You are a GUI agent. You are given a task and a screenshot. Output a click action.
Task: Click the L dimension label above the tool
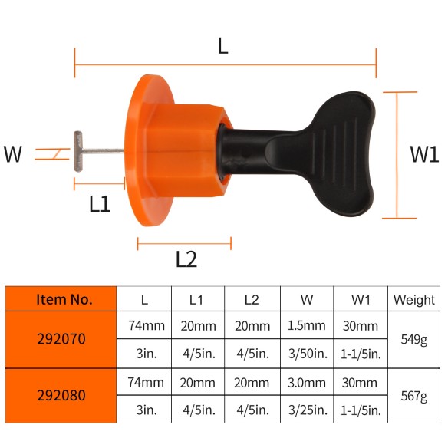pos(222,46)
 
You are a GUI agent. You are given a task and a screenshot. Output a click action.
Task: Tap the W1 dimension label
pos(423,154)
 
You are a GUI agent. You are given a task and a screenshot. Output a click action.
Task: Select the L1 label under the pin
pos(100,204)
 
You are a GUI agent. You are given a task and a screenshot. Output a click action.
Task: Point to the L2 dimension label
pos(186,259)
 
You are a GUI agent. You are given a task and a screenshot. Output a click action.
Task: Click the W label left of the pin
pos(12,154)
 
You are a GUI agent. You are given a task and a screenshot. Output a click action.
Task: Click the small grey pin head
pos(77,151)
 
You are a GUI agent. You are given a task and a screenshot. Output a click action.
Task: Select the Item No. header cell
pos(61,299)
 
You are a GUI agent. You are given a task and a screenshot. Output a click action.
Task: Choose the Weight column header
pos(413,299)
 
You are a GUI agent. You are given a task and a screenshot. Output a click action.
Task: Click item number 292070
pos(61,339)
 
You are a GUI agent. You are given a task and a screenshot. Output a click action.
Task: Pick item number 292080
pos(61,396)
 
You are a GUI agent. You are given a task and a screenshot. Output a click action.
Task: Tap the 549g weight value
pos(413,339)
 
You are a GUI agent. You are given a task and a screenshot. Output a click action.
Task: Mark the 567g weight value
pos(413,396)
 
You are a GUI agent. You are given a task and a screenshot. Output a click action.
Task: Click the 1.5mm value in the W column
pos(306,325)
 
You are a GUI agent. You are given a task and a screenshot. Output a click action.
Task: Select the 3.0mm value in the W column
pos(306,382)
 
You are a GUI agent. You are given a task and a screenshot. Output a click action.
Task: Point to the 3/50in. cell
pos(306,354)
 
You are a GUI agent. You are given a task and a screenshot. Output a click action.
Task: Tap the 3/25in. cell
pos(306,410)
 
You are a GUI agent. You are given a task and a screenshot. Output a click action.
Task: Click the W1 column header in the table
pos(361,299)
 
